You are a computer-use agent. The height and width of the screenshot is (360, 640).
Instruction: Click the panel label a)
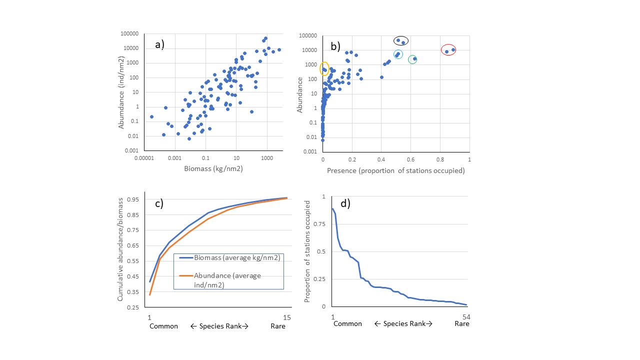(159, 44)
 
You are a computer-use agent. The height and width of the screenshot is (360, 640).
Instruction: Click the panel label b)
(335, 46)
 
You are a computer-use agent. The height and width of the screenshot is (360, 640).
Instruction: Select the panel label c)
(159, 203)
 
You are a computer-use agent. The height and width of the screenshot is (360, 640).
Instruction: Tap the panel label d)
(345, 203)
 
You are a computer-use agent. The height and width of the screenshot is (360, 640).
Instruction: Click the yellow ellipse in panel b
(324, 69)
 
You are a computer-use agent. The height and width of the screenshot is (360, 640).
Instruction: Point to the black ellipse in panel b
(400, 40)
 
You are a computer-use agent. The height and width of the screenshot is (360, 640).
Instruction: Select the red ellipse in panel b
(448, 49)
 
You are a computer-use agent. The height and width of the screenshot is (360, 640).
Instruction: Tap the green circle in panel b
(412, 59)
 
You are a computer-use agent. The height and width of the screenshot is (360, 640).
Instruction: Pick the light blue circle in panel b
(398, 54)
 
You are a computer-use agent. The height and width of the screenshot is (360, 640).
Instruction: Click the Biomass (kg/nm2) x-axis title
(213, 168)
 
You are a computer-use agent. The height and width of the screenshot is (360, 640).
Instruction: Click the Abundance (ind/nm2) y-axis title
(121, 92)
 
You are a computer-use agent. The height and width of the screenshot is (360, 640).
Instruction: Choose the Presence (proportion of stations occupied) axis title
(395, 170)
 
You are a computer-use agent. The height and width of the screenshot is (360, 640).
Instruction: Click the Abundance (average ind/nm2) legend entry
(227, 279)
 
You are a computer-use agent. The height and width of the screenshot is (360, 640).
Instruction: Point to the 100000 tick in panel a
(129, 33)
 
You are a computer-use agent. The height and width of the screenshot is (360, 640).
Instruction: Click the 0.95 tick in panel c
(132, 199)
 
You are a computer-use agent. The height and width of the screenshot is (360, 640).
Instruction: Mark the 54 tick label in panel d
(466, 317)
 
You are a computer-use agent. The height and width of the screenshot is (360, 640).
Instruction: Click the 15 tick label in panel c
(286, 317)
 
